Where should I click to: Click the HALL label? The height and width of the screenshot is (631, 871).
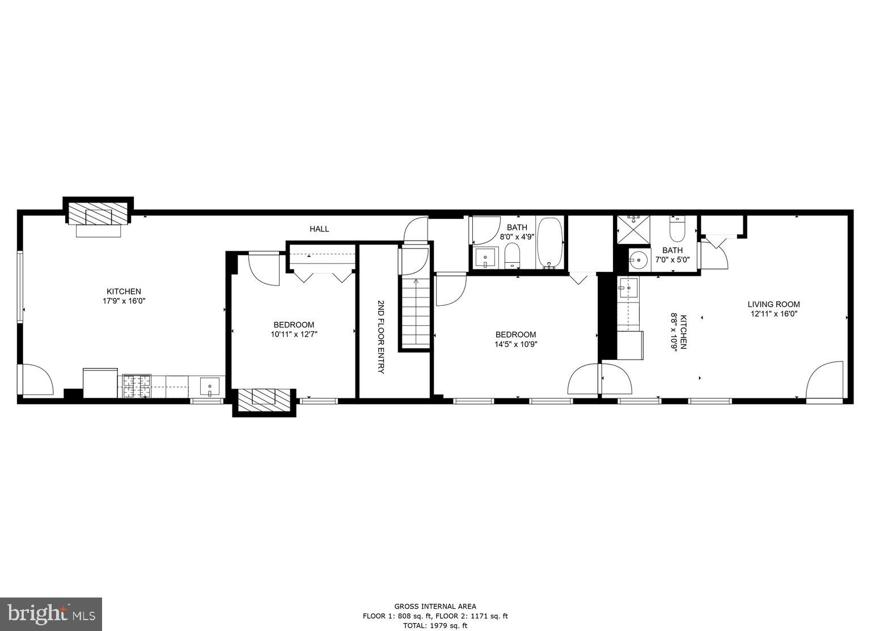319,229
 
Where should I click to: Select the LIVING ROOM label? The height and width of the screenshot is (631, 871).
773,304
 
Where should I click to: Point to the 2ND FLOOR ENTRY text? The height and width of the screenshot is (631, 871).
380,336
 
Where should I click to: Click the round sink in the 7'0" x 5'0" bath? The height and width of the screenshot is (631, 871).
639,261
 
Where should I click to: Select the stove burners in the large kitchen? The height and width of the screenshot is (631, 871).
137,386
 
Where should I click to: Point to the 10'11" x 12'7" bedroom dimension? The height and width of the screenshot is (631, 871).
294,335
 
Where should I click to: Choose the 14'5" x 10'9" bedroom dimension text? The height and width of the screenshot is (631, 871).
515,344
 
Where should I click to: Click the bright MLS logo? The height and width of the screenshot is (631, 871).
51,614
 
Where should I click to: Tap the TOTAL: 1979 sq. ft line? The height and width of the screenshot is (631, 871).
435,626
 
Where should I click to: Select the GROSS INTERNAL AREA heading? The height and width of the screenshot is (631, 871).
435,606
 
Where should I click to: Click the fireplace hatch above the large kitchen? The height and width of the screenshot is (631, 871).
98,214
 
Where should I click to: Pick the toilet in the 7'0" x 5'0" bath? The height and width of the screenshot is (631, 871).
678,229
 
